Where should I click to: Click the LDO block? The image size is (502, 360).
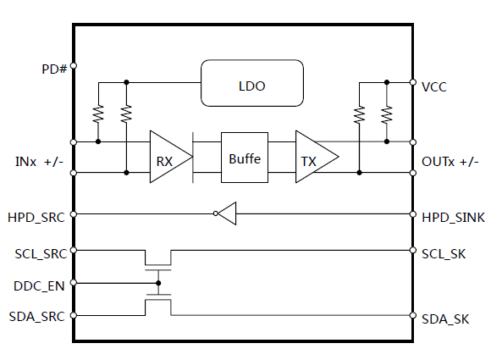point(252,83)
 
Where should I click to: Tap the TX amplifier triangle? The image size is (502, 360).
point(317,157)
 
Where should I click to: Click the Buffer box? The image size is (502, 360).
point(245,158)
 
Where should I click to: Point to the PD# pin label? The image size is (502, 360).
point(54,69)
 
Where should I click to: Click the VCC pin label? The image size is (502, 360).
point(433,87)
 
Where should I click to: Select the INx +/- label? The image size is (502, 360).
point(39,162)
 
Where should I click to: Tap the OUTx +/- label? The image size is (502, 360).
point(450,162)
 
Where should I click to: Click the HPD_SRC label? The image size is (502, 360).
point(36,218)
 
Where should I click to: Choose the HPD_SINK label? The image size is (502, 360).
point(453,218)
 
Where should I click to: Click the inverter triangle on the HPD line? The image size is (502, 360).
point(227,213)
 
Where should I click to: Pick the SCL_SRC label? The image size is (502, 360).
point(41,254)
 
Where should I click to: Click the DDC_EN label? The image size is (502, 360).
point(39,286)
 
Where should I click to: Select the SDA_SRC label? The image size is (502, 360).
point(36,317)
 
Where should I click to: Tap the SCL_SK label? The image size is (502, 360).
point(444,254)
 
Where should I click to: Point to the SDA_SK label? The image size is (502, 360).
point(445,319)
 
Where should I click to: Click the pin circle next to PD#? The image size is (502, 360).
point(74,66)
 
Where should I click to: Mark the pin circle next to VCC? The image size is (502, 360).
point(413,82)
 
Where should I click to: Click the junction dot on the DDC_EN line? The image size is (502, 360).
point(158,283)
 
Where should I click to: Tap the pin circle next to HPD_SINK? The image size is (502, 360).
point(413,214)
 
